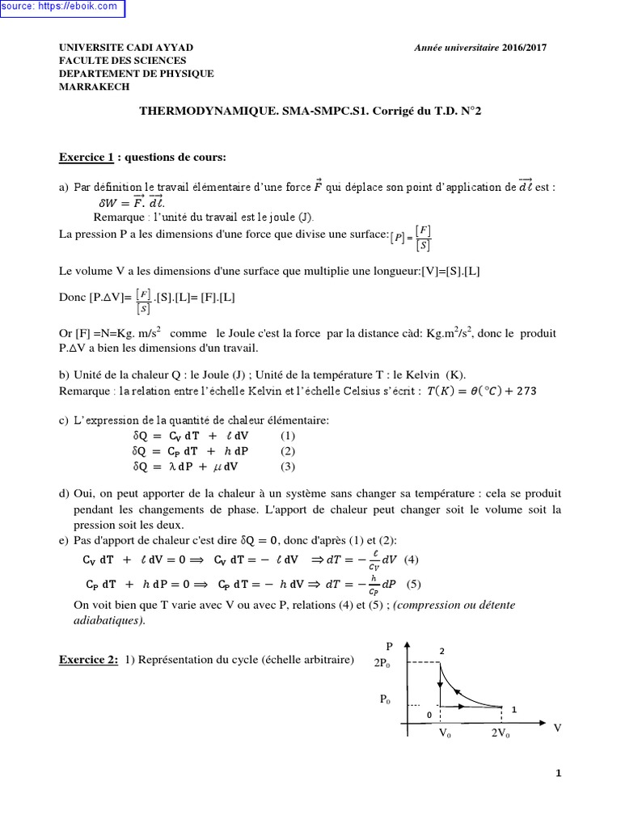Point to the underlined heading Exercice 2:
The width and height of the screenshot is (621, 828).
pos(88,660)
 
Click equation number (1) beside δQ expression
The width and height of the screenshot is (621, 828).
pos(289,435)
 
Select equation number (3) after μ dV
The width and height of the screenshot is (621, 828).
pos(289,467)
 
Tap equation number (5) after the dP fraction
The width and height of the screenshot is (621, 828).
pos(414,584)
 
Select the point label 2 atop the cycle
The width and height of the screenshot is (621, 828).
pos(441,651)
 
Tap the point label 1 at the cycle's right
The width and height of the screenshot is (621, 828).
pos(513,709)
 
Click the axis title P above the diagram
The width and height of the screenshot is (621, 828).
pos(390,647)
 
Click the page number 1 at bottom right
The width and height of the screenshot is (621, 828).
pos(558,773)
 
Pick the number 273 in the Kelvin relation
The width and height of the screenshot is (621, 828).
pos(525,391)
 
